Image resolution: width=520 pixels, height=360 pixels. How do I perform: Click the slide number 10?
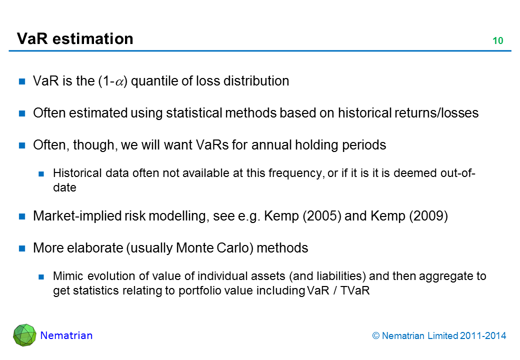click(x=498, y=41)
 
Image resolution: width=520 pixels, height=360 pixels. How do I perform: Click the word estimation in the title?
click(x=93, y=39)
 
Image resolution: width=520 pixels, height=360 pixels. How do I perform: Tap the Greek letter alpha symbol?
click(x=119, y=82)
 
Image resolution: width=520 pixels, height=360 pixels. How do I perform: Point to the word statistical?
click(x=194, y=113)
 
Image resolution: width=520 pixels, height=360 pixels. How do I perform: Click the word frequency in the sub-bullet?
click(x=296, y=173)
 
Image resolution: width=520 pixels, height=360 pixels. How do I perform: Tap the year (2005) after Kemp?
click(x=321, y=216)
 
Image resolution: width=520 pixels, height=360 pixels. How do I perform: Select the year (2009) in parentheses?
click(x=428, y=216)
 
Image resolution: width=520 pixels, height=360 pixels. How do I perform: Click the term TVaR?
click(x=355, y=290)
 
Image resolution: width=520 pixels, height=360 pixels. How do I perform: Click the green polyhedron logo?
click(x=24, y=335)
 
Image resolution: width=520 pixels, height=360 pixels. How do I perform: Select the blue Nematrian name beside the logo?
click(x=66, y=335)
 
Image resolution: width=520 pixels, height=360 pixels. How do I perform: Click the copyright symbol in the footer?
click(x=375, y=336)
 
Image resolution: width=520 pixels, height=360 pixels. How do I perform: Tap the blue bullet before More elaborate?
click(x=22, y=248)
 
